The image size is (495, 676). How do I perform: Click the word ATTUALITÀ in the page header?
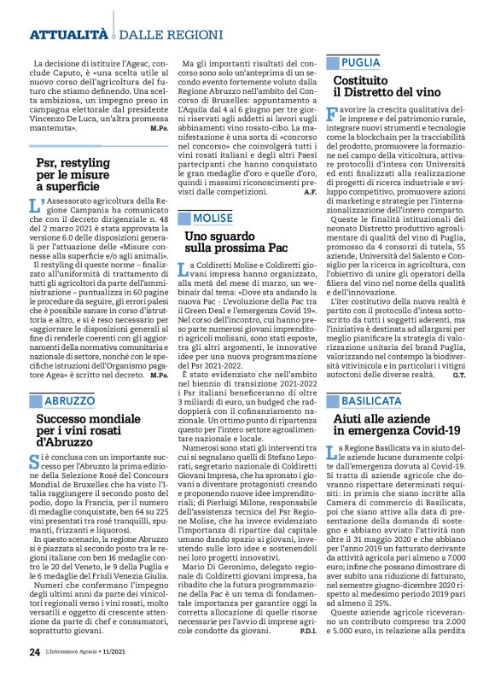pyautogui.click(x=68, y=34)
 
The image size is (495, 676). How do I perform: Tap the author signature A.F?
pyautogui.click(x=310, y=193)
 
